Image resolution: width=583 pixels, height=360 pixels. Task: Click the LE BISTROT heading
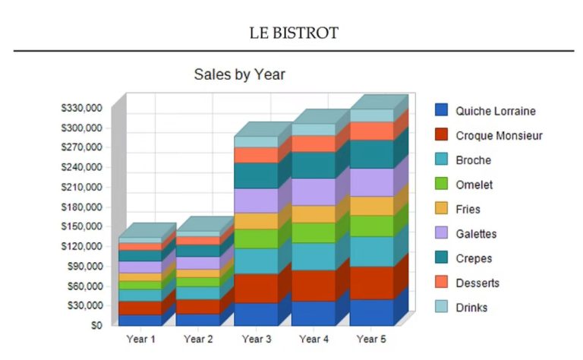294,33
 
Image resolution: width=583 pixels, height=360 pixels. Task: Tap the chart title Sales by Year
239,74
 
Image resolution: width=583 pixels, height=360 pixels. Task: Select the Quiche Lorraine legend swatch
441,109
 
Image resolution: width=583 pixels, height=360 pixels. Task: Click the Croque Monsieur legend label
499,135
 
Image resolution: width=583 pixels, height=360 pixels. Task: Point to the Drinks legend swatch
441,306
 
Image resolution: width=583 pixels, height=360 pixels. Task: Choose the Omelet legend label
474,185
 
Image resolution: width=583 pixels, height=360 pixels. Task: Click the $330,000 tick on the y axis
81,108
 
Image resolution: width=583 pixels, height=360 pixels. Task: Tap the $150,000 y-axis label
81,226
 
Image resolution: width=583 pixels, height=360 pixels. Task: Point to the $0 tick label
96,325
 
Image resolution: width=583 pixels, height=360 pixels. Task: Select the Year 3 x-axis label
257,339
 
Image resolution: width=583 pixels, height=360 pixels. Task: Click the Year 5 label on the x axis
371,339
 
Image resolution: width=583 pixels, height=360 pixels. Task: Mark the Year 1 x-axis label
140,339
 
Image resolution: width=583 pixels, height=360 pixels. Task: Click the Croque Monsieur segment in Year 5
372,283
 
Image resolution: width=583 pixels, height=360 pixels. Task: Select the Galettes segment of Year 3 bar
256,201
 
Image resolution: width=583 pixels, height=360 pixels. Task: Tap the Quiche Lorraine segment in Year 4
314,314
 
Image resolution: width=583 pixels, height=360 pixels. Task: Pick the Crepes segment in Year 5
372,154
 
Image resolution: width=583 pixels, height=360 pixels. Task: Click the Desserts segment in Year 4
314,144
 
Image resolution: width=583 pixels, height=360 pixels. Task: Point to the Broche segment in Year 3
256,261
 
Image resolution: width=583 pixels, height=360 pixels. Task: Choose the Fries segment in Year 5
372,206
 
